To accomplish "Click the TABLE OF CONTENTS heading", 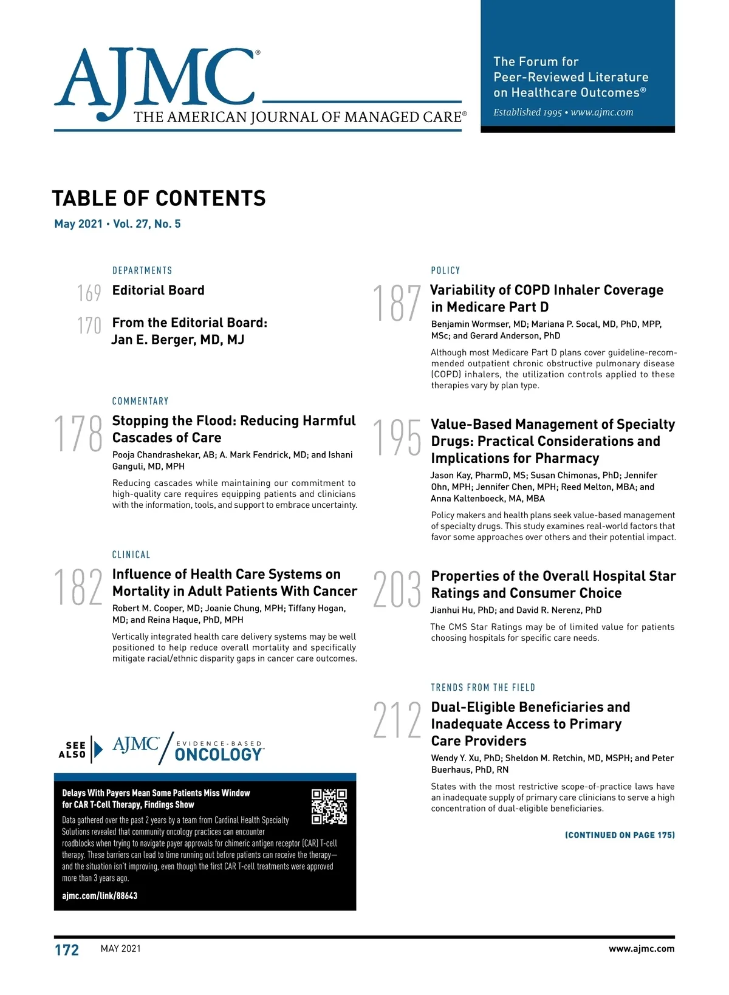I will (x=159, y=199).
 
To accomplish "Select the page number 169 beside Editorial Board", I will (x=89, y=293).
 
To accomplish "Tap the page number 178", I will (x=79, y=434).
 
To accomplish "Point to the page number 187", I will (x=397, y=303).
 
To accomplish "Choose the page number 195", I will (x=397, y=437).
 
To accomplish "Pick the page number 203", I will (x=397, y=589).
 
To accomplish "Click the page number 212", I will (x=397, y=720).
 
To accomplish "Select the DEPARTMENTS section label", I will (x=142, y=270).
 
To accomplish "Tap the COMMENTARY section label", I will (x=140, y=401).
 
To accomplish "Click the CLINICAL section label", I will (x=131, y=555).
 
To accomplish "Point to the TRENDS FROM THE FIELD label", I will (x=483, y=688).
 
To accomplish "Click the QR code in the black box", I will (x=329, y=807).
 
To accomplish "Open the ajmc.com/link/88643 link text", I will (x=100, y=896).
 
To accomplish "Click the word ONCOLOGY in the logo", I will (x=219, y=755).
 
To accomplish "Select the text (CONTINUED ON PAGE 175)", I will (x=620, y=835).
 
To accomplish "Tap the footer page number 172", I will (x=67, y=950).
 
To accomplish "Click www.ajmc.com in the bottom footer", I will (x=641, y=949).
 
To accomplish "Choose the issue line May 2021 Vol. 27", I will (x=117, y=224).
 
